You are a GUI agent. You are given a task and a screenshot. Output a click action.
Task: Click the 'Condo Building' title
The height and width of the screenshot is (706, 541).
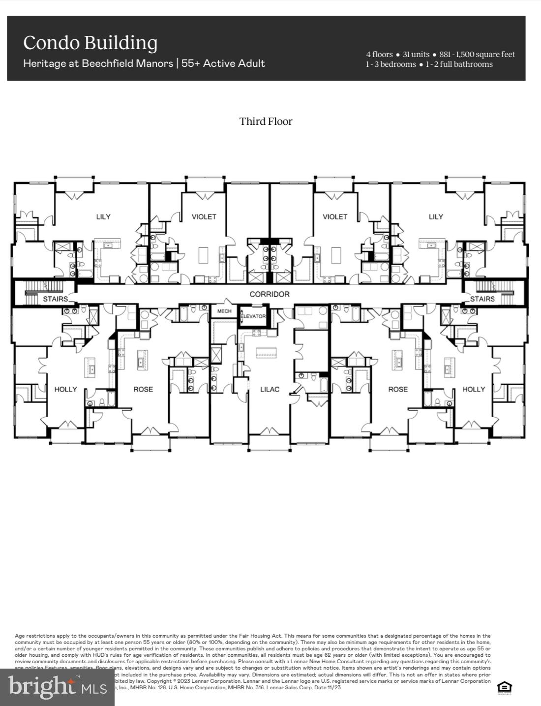(x=90, y=43)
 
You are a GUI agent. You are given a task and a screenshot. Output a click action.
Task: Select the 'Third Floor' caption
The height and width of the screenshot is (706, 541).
(x=266, y=122)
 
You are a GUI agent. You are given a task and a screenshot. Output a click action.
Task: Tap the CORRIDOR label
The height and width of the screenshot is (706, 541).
(x=270, y=294)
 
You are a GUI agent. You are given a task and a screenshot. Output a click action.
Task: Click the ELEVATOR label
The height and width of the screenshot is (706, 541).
(x=253, y=316)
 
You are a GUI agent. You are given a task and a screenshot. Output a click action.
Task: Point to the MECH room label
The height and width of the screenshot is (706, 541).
(x=224, y=311)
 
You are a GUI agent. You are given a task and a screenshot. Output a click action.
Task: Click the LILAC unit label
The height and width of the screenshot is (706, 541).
(x=270, y=389)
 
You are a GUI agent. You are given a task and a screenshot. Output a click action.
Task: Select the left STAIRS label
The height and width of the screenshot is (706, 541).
(x=55, y=299)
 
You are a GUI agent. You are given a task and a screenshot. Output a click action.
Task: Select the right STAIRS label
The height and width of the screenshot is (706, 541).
(x=482, y=299)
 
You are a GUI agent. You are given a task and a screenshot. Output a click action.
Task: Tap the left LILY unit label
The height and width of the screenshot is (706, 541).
(x=103, y=216)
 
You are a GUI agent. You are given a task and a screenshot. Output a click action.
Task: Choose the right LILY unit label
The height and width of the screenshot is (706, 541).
(x=436, y=216)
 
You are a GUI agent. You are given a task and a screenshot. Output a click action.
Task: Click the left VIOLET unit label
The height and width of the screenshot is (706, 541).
(x=204, y=216)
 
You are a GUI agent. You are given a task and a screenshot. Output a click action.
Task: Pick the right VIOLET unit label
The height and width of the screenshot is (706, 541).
(x=335, y=216)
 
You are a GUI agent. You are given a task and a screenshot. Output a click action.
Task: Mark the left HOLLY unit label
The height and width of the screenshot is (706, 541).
(x=65, y=389)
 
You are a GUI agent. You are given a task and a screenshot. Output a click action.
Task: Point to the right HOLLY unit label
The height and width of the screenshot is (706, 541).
(x=474, y=389)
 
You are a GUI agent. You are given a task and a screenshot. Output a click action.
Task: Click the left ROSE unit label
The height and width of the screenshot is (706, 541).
(x=143, y=389)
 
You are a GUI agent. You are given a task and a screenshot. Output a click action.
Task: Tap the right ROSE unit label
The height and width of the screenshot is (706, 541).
(x=398, y=389)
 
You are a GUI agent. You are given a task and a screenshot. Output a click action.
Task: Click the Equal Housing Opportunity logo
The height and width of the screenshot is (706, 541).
(x=505, y=686)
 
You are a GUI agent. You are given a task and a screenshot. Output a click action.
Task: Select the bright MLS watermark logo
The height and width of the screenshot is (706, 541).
(x=57, y=687)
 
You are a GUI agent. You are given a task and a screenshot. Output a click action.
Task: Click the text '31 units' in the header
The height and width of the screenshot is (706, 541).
(x=416, y=55)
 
